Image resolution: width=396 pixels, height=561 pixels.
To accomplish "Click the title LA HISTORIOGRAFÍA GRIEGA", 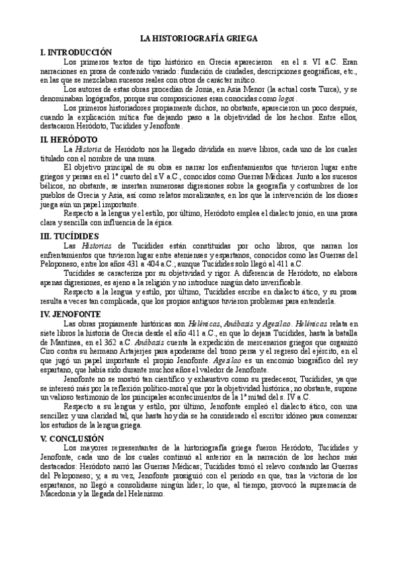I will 198,39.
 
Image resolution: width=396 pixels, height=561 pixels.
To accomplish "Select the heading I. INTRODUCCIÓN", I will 76,52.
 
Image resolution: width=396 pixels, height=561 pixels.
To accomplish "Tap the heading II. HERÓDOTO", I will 69,140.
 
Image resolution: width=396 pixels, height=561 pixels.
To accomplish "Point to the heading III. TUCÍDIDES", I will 70,236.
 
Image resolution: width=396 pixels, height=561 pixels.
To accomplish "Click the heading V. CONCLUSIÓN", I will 73,439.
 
